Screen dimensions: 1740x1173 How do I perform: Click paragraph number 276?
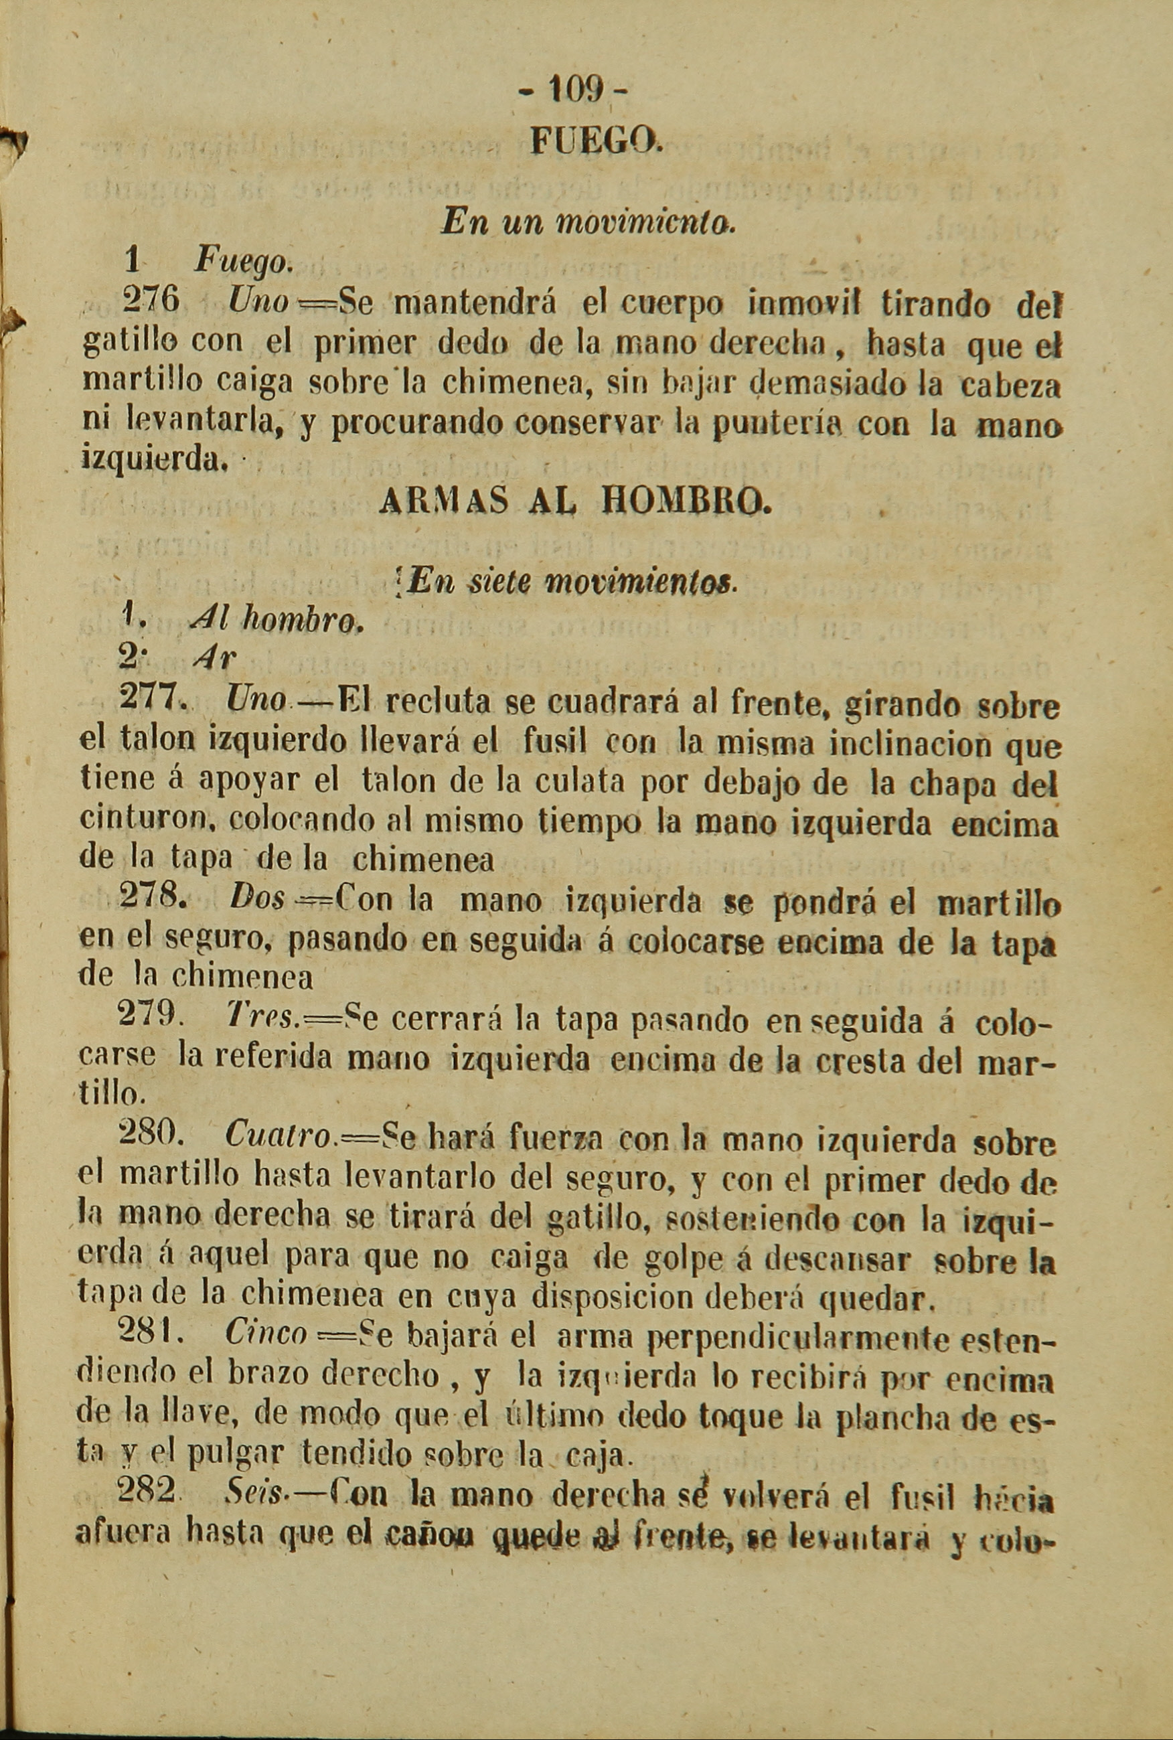pyautogui.click(x=151, y=302)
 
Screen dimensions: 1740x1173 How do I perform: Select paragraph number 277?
pyautogui.click(x=152, y=702)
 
